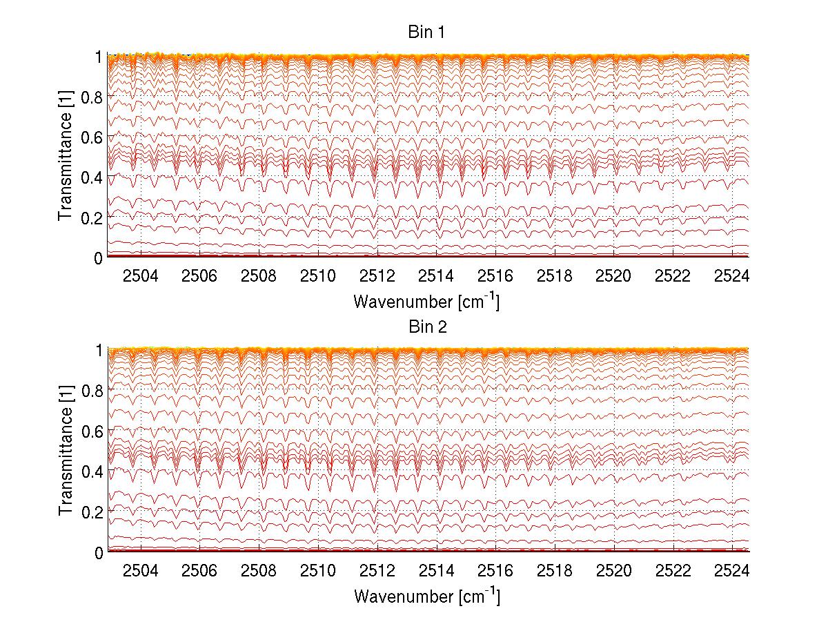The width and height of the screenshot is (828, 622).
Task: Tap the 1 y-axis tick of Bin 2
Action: click(99, 351)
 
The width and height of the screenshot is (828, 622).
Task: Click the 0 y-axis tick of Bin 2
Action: click(99, 552)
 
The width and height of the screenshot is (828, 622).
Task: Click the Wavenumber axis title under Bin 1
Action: click(426, 302)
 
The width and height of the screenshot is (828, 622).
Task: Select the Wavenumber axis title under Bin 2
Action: click(426, 596)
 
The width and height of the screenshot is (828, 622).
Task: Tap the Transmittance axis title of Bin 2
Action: click(66, 451)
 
